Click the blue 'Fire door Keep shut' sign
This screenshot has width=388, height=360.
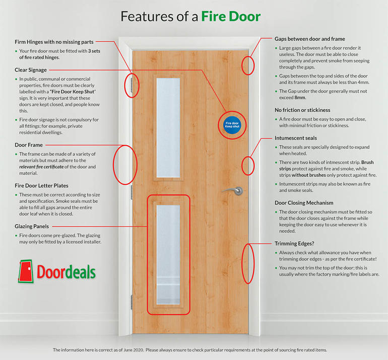point(232,125)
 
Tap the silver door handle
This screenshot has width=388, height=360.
point(233,190)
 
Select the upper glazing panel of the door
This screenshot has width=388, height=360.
point(168,127)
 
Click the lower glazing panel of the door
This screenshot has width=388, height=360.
point(168,255)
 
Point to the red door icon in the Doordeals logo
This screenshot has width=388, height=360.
point(26,271)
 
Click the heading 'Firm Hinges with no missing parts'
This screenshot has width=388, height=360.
point(54,42)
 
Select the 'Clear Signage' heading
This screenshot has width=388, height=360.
point(31,70)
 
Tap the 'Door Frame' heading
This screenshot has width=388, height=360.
point(29,145)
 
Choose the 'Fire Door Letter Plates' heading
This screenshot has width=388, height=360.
point(41,186)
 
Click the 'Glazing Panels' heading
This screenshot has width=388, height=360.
point(32,226)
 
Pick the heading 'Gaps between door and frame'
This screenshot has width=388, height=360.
point(310,39)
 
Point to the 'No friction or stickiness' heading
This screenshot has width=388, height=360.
point(302,110)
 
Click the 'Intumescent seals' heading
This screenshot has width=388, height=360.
point(296,138)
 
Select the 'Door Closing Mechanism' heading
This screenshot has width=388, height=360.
point(304,203)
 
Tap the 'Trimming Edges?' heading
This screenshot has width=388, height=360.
point(294,244)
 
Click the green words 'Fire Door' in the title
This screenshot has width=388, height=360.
point(231,16)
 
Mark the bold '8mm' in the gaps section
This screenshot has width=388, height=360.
point(300,98)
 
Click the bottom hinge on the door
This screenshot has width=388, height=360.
point(132,302)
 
